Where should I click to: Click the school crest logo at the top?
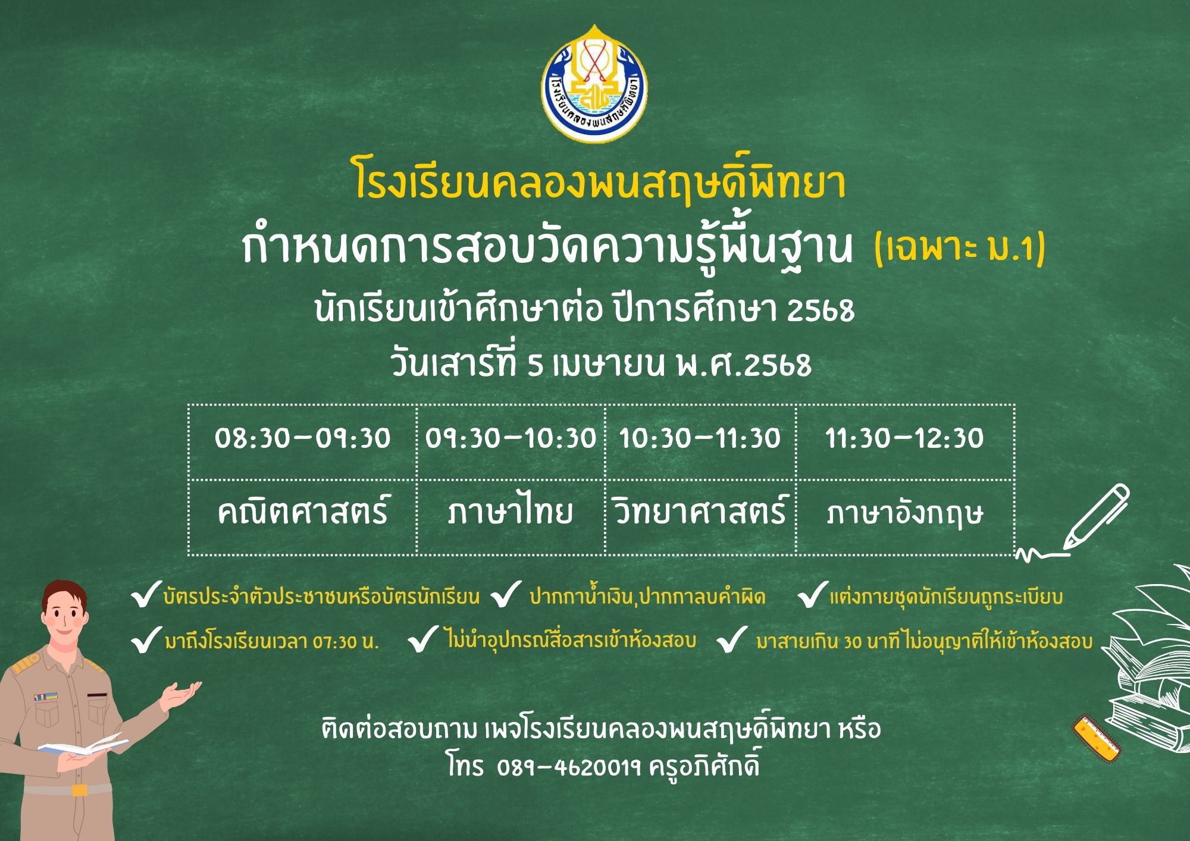594,83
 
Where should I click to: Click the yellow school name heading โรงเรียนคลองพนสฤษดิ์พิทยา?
600,179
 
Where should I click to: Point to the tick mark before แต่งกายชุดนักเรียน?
812,595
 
